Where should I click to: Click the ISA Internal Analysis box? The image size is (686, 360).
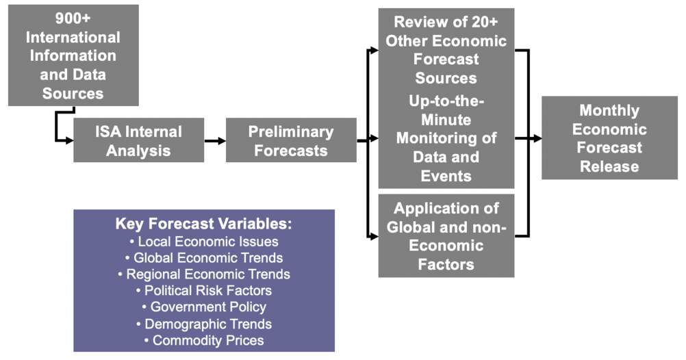click(139, 140)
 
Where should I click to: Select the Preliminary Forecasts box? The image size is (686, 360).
click(291, 140)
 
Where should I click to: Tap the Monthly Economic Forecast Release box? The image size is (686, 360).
click(609, 138)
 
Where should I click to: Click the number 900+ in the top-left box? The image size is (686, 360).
click(73, 18)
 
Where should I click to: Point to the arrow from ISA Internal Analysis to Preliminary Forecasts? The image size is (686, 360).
click(215, 141)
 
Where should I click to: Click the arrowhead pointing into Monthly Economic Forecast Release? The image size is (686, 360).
click(537, 139)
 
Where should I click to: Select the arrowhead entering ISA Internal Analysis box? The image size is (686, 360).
click(69, 140)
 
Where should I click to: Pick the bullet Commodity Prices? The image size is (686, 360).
click(204, 340)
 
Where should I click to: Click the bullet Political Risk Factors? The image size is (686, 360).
click(204, 290)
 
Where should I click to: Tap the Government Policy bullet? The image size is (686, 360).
click(204, 307)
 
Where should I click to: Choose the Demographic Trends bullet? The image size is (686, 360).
click(204, 324)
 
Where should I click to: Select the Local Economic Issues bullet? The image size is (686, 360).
click(204, 242)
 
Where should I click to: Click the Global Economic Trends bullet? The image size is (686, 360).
click(204, 258)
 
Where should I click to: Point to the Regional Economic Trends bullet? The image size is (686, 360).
click(204, 274)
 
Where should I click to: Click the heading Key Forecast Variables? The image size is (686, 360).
click(204, 224)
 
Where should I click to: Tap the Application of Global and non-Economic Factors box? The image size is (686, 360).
click(446, 235)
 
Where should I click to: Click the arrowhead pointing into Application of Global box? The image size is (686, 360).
click(374, 237)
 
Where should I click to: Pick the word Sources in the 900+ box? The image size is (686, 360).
click(73, 94)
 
